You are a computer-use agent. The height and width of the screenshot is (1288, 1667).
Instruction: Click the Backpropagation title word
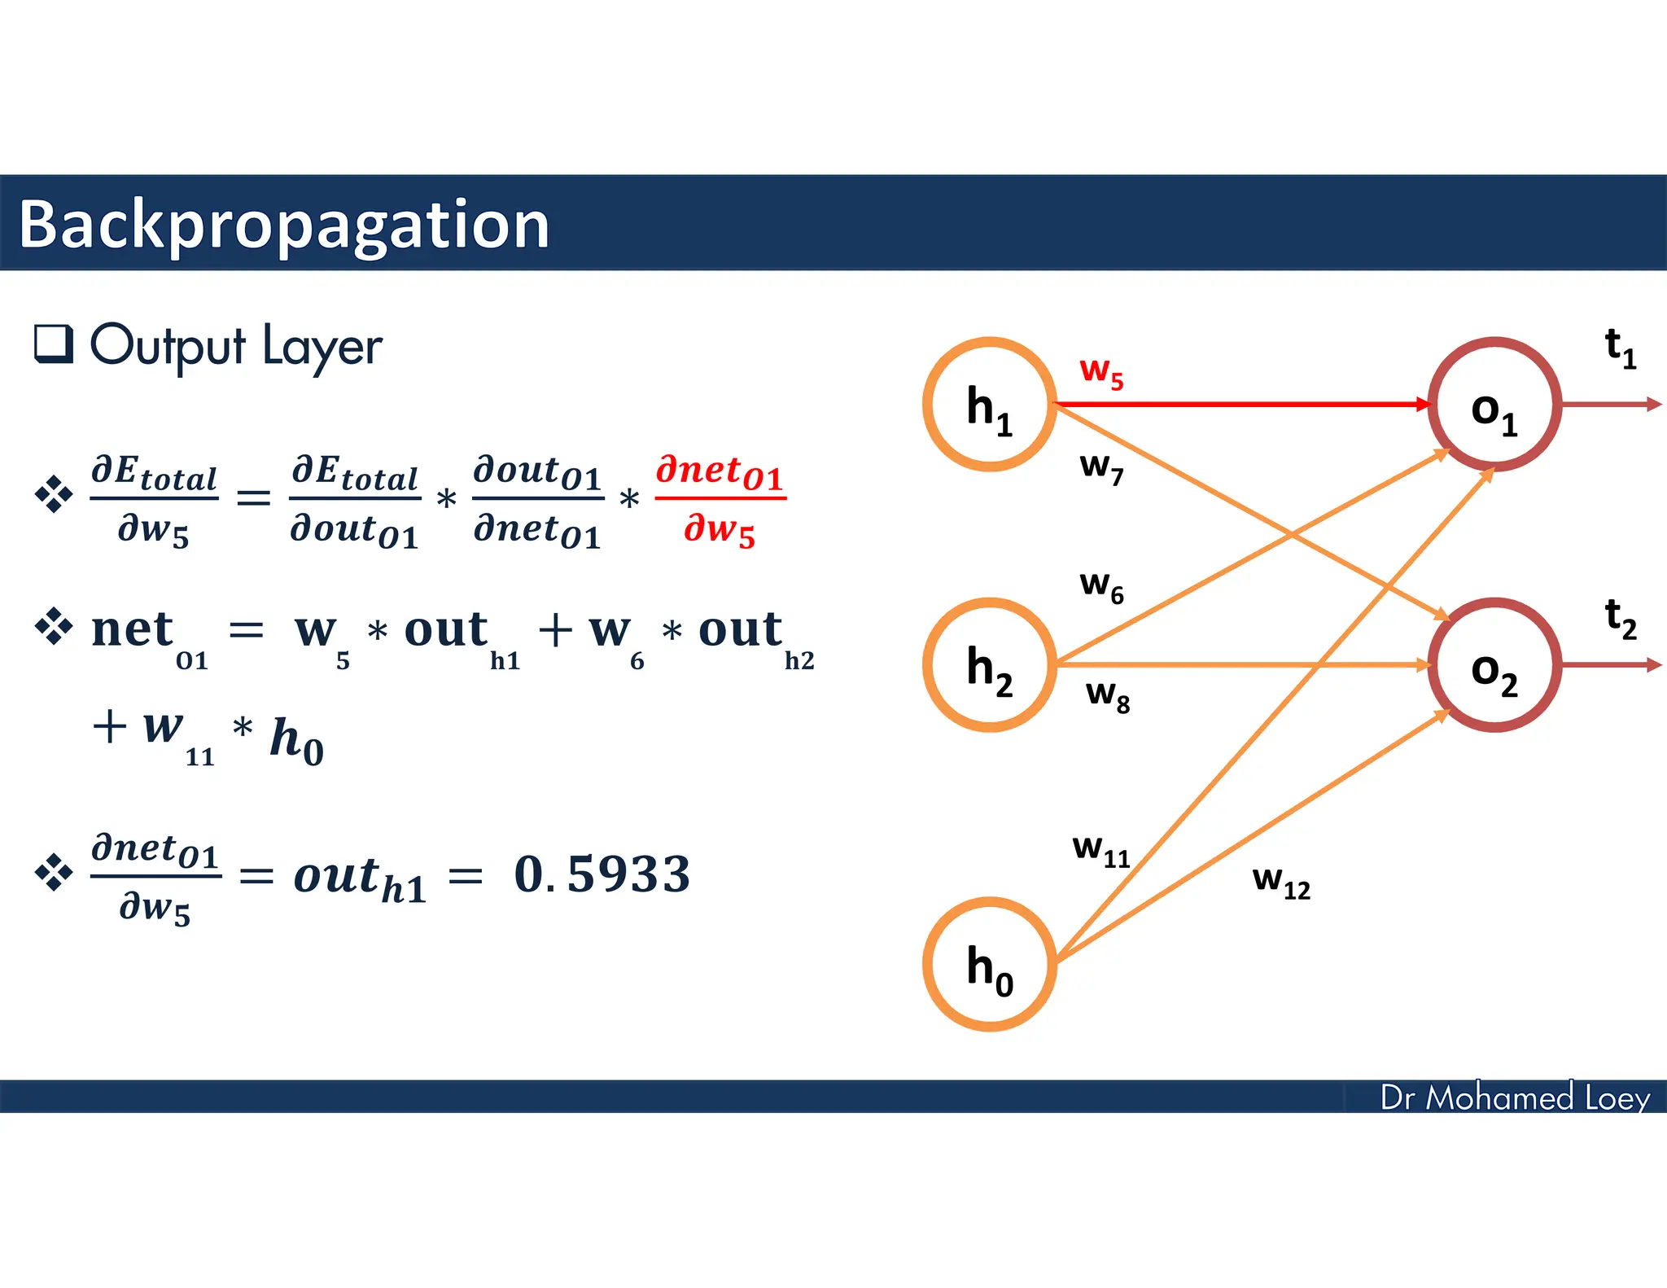click(283, 225)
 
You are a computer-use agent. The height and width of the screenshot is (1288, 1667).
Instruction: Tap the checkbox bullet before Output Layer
click(54, 344)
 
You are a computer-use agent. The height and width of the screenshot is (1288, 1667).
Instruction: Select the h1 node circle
click(989, 405)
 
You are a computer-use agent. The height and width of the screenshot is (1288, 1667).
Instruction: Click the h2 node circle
click(989, 665)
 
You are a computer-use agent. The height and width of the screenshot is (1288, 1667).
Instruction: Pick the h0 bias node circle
click(989, 964)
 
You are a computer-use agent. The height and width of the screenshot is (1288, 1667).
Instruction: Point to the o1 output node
click(1494, 405)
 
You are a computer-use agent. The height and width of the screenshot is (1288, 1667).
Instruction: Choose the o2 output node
click(1494, 665)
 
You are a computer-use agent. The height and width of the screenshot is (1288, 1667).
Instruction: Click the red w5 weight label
click(1100, 373)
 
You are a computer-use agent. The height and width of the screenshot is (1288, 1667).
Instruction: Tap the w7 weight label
click(1100, 468)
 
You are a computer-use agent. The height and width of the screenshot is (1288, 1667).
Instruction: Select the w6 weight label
click(1100, 586)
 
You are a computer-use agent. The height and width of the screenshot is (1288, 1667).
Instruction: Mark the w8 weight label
click(1107, 696)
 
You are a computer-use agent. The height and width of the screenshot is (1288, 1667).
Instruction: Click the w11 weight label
click(1100, 851)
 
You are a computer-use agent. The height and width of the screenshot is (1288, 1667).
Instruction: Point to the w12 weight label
click(1280, 882)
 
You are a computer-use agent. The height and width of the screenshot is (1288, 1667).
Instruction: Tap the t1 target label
click(1620, 348)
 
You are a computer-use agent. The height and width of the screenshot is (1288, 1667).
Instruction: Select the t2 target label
click(1620, 619)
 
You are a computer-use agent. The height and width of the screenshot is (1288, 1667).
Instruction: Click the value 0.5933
click(602, 875)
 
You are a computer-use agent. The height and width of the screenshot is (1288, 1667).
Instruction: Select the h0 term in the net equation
click(296, 741)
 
